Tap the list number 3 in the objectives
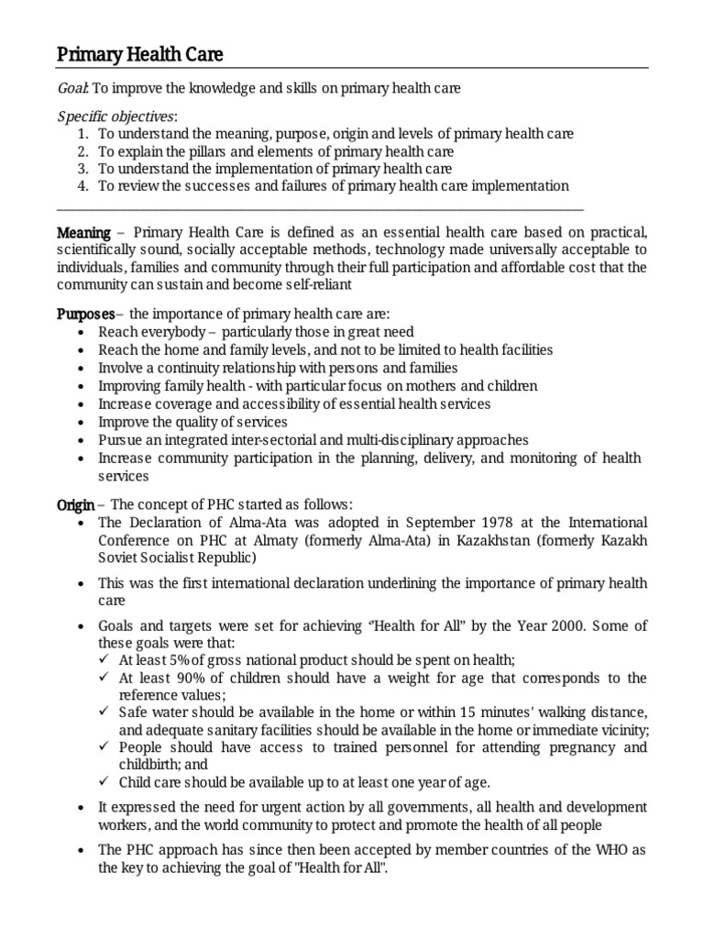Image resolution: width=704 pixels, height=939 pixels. click(82, 169)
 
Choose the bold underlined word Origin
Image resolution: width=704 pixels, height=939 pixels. click(75, 504)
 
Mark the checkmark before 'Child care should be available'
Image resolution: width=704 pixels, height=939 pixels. click(104, 782)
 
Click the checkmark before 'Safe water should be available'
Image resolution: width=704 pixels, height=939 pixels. click(104, 713)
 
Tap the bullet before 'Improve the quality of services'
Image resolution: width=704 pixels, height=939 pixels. click(84, 423)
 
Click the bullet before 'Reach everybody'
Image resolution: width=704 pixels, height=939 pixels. click(84, 332)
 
